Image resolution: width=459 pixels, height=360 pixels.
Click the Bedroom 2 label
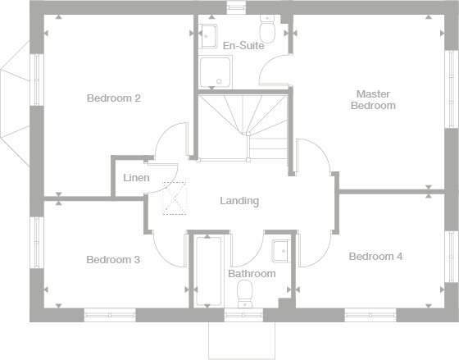pyautogui.click(x=114, y=98)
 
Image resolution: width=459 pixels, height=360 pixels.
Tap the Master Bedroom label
pyautogui.click(x=373, y=99)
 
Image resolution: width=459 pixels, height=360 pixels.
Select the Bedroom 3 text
pyautogui.click(x=113, y=259)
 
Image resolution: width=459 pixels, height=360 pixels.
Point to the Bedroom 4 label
pyautogui.click(x=375, y=257)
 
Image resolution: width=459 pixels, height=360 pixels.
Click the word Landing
pyautogui.click(x=239, y=201)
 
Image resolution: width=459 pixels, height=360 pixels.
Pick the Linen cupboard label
pyautogui.click(x=136, y=177)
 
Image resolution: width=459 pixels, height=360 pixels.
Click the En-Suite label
pyautogui.click(x=243, y=46)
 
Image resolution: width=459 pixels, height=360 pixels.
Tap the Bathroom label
pyautogui.click(x=252, y=274)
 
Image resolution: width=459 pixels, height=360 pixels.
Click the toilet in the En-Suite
pyautogui.click(x=267, y=29)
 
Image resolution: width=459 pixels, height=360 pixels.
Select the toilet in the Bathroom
pyautogui.click(x=245, y=294)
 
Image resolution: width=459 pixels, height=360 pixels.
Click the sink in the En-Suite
pyautogui.click(x=208, y=36)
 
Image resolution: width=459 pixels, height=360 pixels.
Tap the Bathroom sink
pyautogui.click(x=281, y=251)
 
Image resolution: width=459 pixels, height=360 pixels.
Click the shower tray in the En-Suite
pyautogui.click(x=215, y=72)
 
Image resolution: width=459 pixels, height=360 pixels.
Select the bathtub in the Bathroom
pyautogui.click(x=208, y=271)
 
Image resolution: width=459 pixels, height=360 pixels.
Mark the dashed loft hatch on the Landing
pyautogui.click(x=175, y=198)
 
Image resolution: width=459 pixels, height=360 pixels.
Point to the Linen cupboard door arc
pyautogui.click(x=170, y=185)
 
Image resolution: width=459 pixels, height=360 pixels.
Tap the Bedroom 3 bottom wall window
pyautogui.click(x=110, y=315)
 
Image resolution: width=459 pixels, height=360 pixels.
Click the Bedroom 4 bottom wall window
pyautogui.click(x=370, y=315)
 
